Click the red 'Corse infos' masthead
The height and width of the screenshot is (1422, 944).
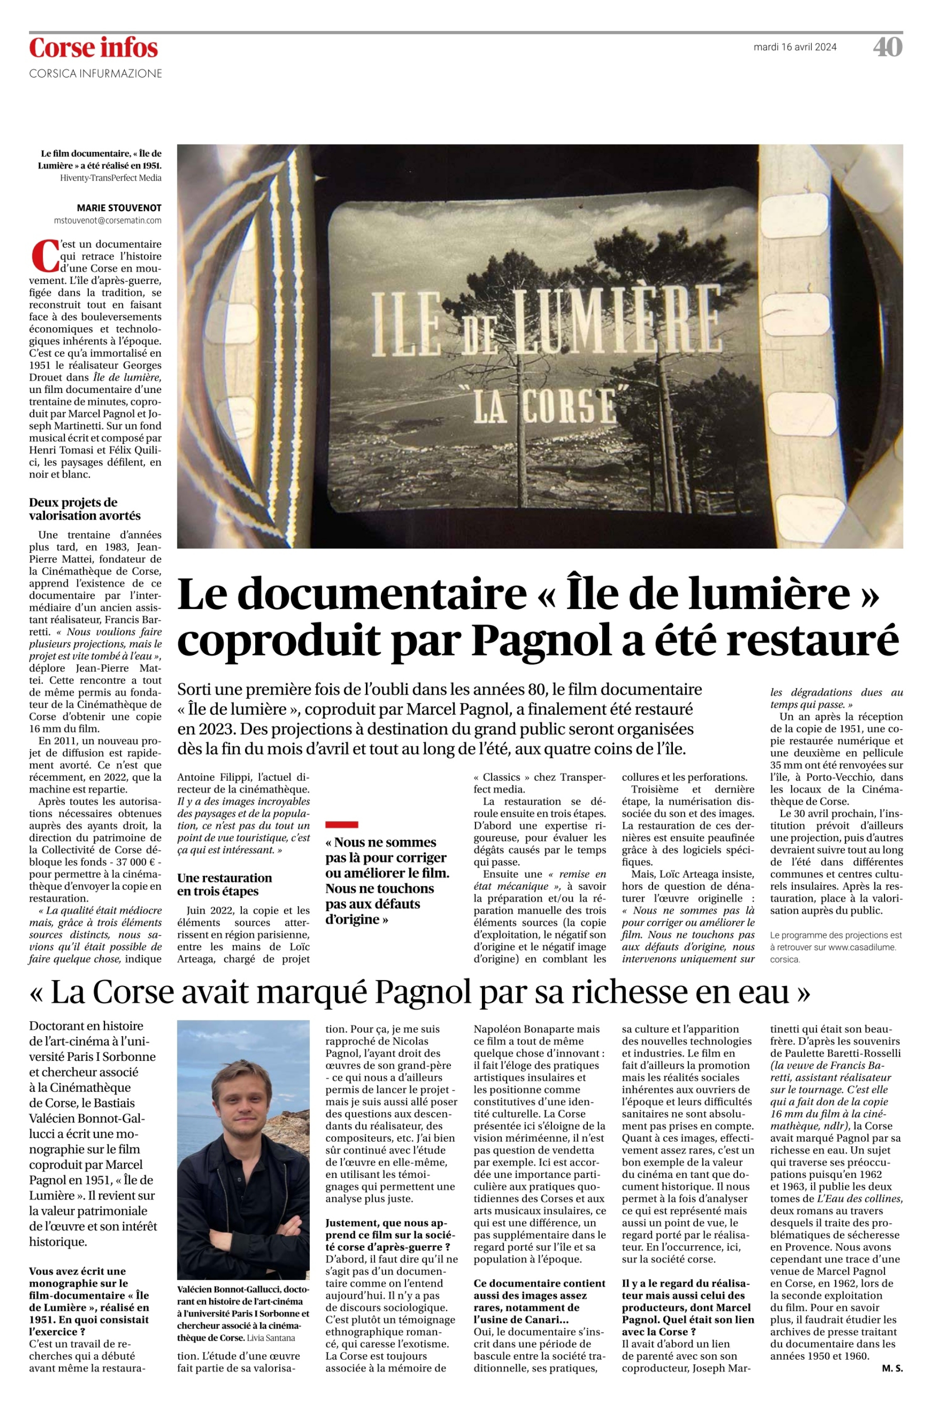[93, 47]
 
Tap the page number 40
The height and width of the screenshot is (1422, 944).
[887, 47]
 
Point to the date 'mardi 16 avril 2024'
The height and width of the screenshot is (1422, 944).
[795, 47]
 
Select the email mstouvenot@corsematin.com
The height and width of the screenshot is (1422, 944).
[108, 220]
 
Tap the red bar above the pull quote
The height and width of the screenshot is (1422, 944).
[341, 824]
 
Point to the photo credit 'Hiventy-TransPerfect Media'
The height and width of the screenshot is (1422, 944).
[110, 178]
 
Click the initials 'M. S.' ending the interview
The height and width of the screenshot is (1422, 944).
[892, 1368]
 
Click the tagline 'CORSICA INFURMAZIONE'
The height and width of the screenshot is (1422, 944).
[96, 73]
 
